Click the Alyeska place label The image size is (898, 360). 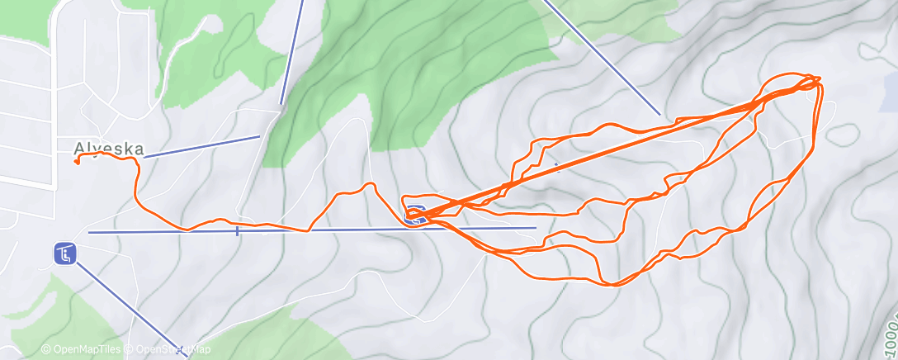(x=108, y=149)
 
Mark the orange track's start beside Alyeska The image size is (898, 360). (x=76, y=162)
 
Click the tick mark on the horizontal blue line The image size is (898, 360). (x=237, y=231)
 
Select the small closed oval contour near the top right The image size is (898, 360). (x=839, y=134)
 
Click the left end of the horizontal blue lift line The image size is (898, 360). (x=89, y=233)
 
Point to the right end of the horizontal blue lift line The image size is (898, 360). (x=536, y=228)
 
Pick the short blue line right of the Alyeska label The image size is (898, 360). (x=202, y=146)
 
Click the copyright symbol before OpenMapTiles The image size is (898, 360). (x=46, y=350)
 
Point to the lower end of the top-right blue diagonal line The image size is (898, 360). (x=659, y=113)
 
